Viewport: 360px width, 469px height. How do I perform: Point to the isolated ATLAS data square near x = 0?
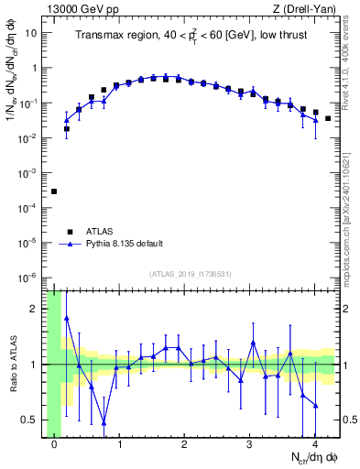point(54,191)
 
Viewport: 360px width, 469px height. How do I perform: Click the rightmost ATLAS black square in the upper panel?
point(328,118)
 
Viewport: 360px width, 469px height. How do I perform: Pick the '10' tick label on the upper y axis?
point(31,33)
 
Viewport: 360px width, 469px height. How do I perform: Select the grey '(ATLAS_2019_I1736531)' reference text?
point(189,275)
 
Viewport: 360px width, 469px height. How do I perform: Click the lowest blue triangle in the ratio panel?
point(104,423)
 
